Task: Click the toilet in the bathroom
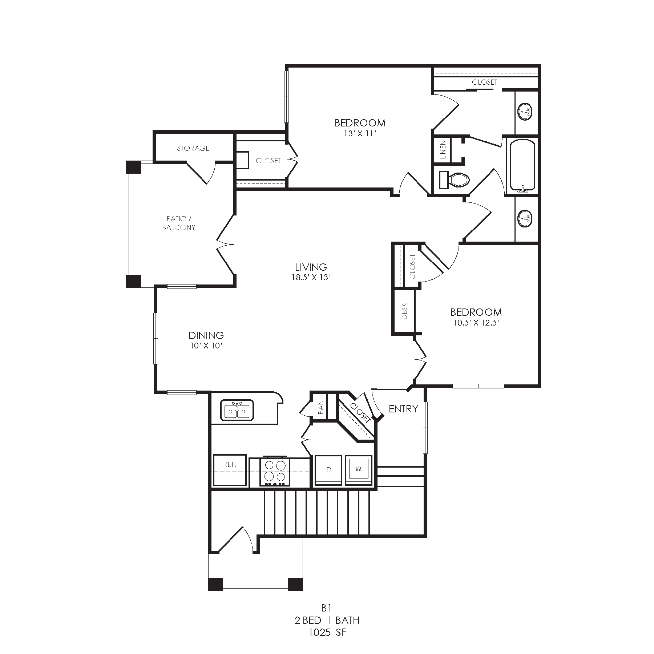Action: tap(454, 179)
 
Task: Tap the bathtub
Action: tap(523, 166)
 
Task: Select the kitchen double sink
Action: tap(237, 411)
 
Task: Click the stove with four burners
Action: tap(275, 471)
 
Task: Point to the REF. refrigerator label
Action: tap(230, 464)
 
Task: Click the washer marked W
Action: tap(358, 469)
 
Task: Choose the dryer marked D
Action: tap(329, 470)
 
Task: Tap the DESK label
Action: tap(405, 311)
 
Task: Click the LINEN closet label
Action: tap(443, 150)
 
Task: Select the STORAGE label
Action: tap(193, 148)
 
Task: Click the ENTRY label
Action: tap(403, 409)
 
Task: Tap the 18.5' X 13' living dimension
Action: tap(311, 278)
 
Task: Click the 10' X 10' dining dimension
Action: tap(206, 346)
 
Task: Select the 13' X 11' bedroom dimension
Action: tap(360, 133)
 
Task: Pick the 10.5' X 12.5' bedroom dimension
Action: tap(476, 323)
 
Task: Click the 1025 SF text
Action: tap(327, 633)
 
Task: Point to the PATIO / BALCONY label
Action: tap(179, 223)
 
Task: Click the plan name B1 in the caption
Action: tap(327, 607)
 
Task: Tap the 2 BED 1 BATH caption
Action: tap(327, 620)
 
